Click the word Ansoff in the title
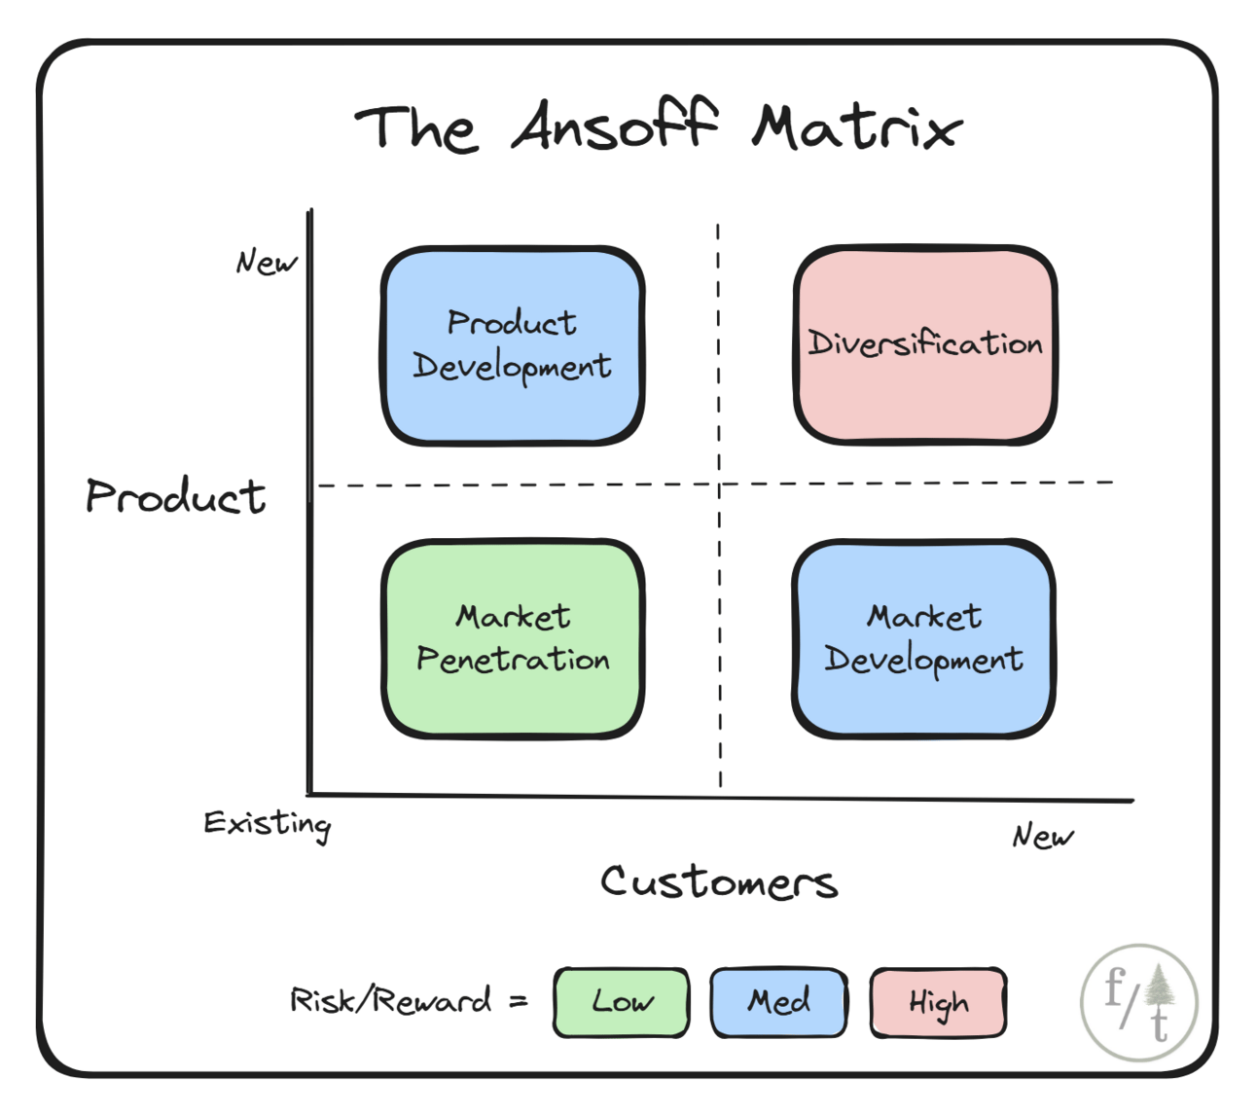pyautogui.click(x=614, y=125)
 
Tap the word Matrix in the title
pyautogui.click(x=857, y=127)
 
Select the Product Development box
pyautogui.click(x=513, y=345)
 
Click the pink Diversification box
pyautogui.click(x=925, y=344)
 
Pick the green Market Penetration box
pyautogui.click(x=513, y=639)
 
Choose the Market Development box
pyautogui.click(x=924, y=639)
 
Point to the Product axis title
pyautogui.click(x=175, y=496)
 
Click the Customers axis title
pyautogui.click(x=720, y=881)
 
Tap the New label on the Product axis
pyautogui.click(x=267, y=261)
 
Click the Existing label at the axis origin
pyautogui.click(x=268, y=825)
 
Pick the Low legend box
pyautogui.click(x=621, y=1002)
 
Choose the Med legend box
pyautogui.click(x=778, y=1002)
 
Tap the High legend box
pyautogui.click(x=938, y=1002)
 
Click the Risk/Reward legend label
pyautogui.click(x=390, y=1000)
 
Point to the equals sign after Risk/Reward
pyautogui.click(x=518, y=1001)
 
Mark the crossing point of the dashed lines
pyautogui.click(x=719, y=484)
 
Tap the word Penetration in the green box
pyautogui.click(x=513, y=659)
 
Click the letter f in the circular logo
pyautogui.click(x=1116, y=987)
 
